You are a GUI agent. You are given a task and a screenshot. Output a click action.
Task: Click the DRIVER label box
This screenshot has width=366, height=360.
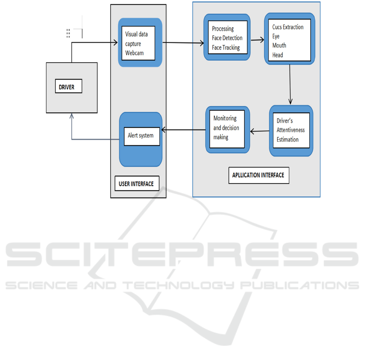[x=68, y=87]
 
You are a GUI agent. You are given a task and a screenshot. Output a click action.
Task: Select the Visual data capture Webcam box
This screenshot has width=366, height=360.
[x=139, y=43]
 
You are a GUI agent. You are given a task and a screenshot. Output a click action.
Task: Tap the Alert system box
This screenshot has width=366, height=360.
[x=141, y=136]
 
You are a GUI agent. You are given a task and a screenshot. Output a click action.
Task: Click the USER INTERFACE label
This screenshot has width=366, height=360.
[x=136, y=183]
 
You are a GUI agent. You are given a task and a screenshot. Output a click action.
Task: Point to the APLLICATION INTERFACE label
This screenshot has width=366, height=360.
[x=258, y=175]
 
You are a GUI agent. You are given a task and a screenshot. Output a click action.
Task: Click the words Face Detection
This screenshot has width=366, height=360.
[x=227, y=38]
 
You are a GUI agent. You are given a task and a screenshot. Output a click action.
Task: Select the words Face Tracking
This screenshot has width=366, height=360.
[x=226, y=47]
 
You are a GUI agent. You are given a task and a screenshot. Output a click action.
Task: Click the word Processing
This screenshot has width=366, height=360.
[x=223, y=29]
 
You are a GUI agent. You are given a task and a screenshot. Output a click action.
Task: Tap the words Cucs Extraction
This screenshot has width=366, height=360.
[x=288, y=27]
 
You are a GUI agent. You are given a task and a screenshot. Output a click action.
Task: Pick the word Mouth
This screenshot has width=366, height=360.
[x=279, y=45]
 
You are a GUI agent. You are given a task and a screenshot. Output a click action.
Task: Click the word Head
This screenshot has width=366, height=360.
[x=278, y=55]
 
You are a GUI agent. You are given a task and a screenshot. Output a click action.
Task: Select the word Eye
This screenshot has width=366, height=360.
[x=276, y=36]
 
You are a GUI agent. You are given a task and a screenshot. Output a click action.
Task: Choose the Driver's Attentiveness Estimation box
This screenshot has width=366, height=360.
[x=290, y=130]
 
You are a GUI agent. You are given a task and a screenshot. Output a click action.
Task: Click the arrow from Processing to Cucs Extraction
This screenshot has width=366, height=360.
[x=258, y=40]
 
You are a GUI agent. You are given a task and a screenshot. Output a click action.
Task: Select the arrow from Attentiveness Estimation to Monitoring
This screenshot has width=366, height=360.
[x=260, y=131]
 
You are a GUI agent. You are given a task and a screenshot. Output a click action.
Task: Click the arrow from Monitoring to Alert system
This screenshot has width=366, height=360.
[x=184, y=130]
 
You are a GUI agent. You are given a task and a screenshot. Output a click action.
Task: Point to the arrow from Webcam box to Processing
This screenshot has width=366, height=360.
[x=183, y=42]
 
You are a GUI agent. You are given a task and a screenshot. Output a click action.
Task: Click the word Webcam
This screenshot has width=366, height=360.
[x=134, y=53]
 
